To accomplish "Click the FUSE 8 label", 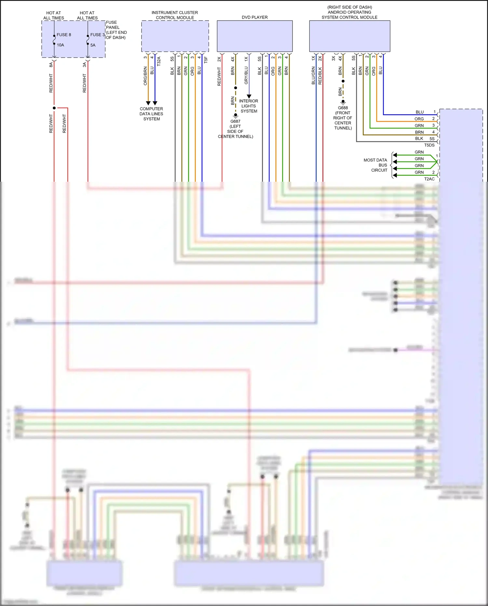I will [x=63, y=35].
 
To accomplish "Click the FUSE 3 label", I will [x=97, y=35].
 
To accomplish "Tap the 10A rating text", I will [x=61, y=45].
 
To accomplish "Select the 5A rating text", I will [x=93, y=45].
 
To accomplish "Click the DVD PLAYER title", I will [x=254, y=17].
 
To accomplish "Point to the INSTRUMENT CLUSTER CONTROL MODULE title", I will [x=175, y=15].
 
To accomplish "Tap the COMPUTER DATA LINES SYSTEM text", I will [x=151, y=114].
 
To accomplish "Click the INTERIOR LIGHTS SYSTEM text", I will [x=249, y=106].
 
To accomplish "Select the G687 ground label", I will [x=235, y=121].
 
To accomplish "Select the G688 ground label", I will [x=343, y=108].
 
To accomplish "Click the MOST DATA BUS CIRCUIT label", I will [x=376, y=165].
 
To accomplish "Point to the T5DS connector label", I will [x=429, y=145].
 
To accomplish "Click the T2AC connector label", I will [x=429, y=179].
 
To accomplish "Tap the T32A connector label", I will [x=159, y=61].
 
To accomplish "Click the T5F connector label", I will [x=206, y=60].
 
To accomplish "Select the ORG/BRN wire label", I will [x=145, y=76].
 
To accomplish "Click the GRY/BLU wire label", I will [x=246, y=75].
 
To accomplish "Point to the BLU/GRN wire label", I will [x=313, y=76].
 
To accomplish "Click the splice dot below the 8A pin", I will [x=54, y=108].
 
